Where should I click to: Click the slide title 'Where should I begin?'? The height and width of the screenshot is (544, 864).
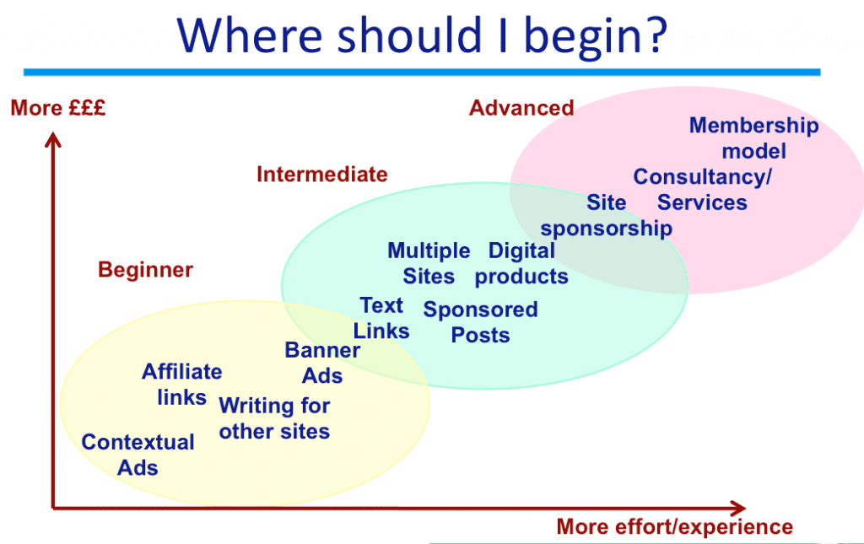[422, 35]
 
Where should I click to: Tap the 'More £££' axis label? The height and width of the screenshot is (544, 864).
[58, 108]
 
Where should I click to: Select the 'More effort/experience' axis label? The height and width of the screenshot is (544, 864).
[674, 527]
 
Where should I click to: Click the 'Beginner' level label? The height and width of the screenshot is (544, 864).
[145, 270]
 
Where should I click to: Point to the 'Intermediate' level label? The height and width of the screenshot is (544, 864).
[322, 175]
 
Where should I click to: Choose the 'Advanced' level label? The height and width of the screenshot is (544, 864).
[521, 108]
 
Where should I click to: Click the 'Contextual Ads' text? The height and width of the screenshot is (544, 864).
[138, 455]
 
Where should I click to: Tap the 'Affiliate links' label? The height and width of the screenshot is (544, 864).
[182, 385]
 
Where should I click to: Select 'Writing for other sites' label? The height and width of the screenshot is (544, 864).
[274, 418]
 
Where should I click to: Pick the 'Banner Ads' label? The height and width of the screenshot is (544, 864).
[322, 363]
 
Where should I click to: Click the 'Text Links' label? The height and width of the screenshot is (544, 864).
[381, 318]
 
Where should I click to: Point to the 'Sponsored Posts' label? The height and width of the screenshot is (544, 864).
[480, 322]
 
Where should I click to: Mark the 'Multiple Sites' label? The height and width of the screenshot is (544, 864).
[429, 263]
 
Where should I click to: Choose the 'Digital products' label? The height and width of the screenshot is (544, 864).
[521, 263]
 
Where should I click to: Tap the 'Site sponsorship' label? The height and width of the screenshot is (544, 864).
[606, 215]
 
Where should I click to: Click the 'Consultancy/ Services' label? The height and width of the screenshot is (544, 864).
[702, 190]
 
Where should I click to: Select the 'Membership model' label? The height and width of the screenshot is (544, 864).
[753, 138]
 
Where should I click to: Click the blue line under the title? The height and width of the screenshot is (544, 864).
[422, 73]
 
